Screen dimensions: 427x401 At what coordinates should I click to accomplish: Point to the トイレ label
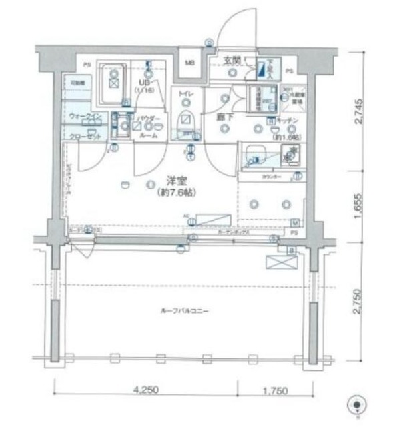185,95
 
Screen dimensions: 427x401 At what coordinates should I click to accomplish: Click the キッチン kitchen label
288,121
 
